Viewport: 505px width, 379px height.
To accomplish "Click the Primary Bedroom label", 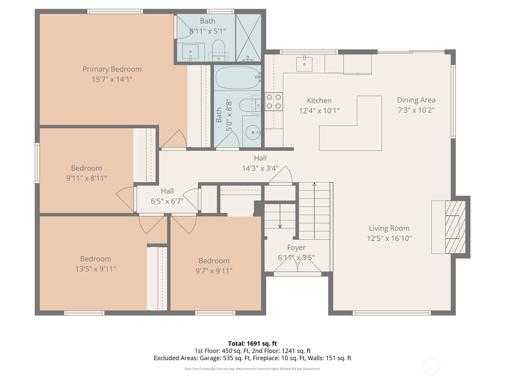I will point(112,69).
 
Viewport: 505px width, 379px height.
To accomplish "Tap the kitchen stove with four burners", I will point(274,101).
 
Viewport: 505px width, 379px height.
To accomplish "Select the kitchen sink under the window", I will point(304,64).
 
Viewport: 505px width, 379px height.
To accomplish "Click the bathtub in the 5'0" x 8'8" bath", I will point(237,78).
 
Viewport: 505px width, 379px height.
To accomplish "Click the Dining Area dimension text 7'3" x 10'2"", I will point(416,110).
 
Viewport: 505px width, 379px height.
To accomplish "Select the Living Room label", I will point(389,228).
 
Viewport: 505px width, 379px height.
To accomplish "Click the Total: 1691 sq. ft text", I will point(252,344).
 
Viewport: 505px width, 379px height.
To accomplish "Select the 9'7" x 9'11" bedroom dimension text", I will point(214,271).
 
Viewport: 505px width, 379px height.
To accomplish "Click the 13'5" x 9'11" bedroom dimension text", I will point(96,269).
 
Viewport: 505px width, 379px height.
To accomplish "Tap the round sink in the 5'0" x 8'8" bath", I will point(252,133).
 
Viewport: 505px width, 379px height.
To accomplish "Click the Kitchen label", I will point(319,101).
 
